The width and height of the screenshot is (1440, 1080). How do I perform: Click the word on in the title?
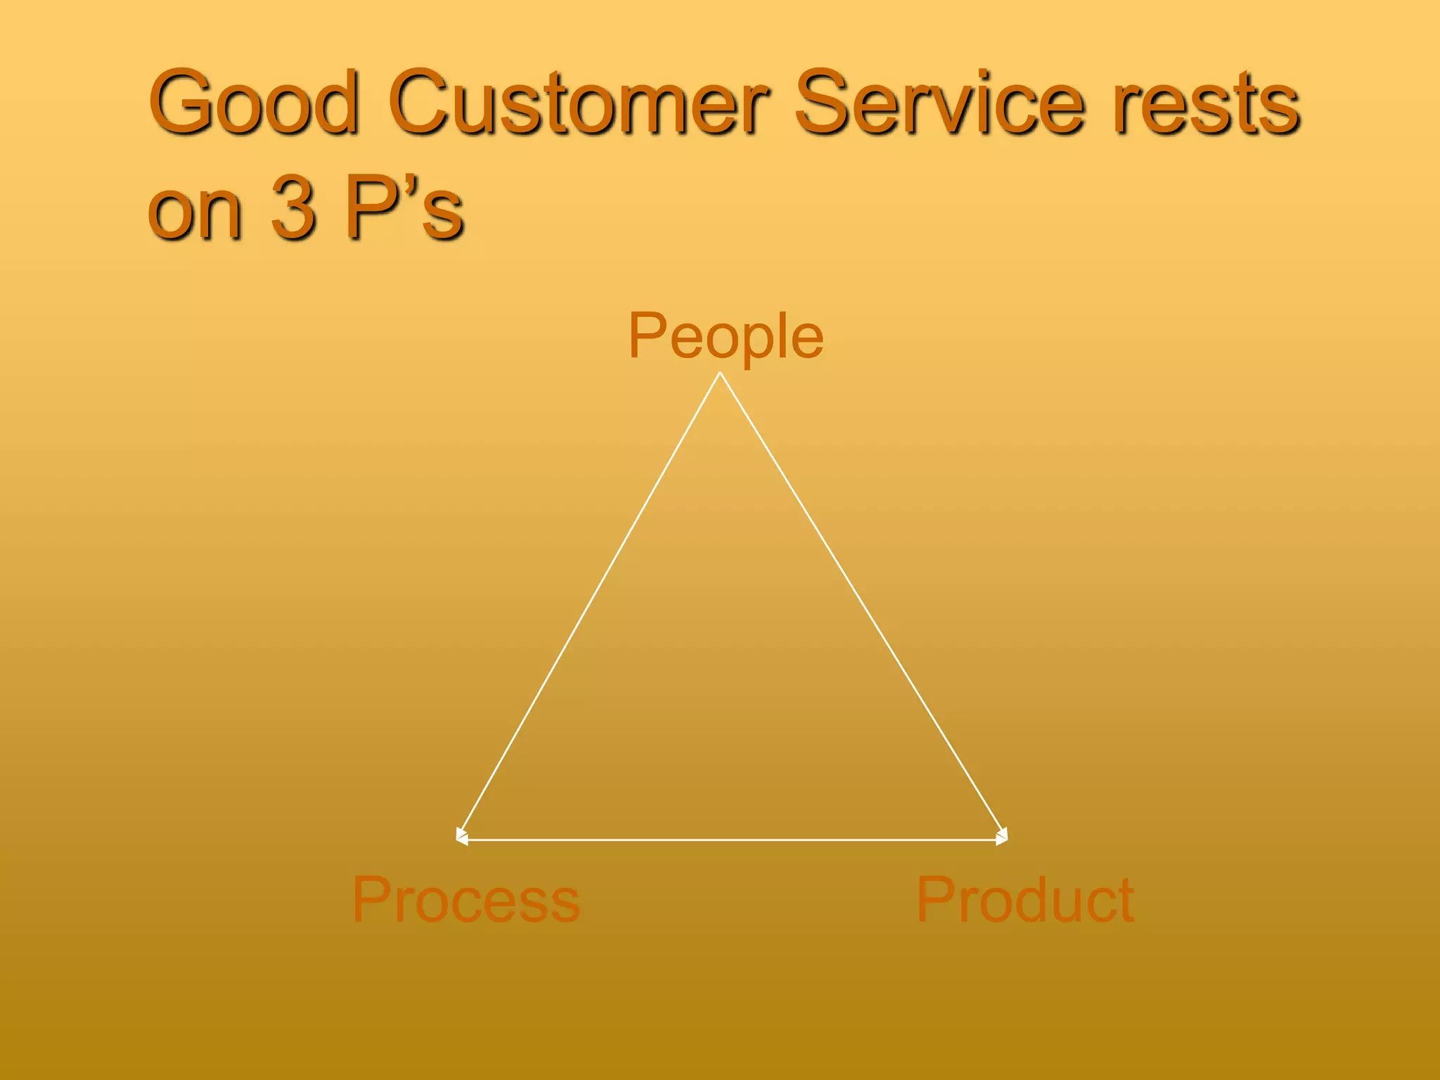195,211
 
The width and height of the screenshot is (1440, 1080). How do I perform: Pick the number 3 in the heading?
293,207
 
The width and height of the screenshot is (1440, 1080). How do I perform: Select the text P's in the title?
404,207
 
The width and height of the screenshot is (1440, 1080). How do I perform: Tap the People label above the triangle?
725,336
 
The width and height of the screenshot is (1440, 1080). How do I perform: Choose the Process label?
465,899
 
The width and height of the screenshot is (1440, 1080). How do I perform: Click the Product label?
1024,899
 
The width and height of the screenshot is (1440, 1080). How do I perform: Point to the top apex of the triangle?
720,373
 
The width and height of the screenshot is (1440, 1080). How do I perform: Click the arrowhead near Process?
461,837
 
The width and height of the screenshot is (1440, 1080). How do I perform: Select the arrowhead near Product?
1003,837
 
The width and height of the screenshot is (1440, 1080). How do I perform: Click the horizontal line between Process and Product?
731,840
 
